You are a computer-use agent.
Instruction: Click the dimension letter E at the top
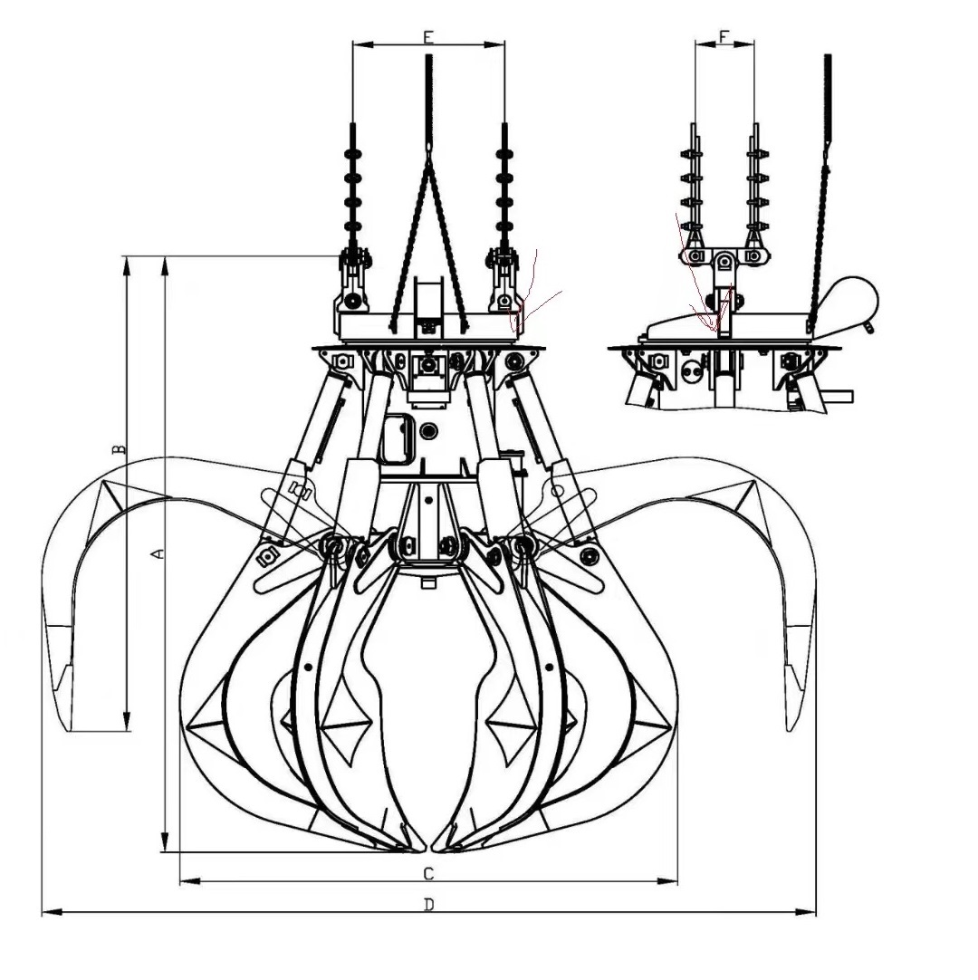click(428, 36)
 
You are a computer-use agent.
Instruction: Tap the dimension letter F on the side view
click(724, 36)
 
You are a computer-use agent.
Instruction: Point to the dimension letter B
click(118, 450)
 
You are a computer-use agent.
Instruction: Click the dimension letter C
click(428, 873)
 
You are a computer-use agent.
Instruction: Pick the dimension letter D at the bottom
click(428, 904)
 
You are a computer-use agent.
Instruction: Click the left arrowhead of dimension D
click(47, 912)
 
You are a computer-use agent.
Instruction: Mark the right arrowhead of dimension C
click(672, 880)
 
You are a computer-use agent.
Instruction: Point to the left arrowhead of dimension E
click(357, 43)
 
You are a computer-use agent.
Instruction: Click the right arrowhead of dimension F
click(749, 43)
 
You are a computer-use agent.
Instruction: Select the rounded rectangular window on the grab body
click(395, 438)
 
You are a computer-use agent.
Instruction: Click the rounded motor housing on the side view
click(849, 297)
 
